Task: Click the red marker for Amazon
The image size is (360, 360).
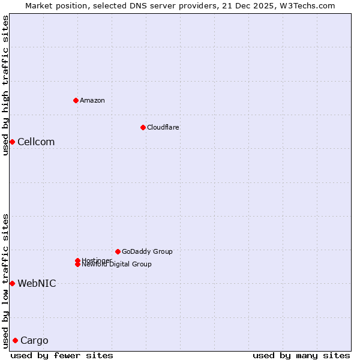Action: pyautogui.click(x=76, y=100)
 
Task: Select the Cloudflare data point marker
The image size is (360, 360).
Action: pyautogui.click(x=143, y=127)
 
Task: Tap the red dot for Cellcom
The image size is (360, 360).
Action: pyautogui.click(x=12, y=142)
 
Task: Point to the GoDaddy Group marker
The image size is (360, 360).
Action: pyautogui.click(x=118, y=251)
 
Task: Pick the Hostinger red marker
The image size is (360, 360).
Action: pyautogui.click(x=77, y=260)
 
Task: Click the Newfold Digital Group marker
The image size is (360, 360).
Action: pyautogui.click(x=78, y=265)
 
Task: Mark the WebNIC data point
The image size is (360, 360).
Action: pyautogui.click(x=12, y=283)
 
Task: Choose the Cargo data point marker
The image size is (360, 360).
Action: pyautogui.click(x=15, y=340)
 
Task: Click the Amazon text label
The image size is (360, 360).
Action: pyautogui.click(x=92, y=100)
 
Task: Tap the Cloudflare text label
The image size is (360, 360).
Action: pyautogui.click(x=163, y=127)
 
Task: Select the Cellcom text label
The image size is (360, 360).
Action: pyautogui.click(x=36, y=142)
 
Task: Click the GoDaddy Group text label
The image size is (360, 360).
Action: pyautogui.click(x=147, y=251)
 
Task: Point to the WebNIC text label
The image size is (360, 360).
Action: pyautogui.click(x=37, y=283)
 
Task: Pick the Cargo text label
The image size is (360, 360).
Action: pyautogui.click(x=34, y=341)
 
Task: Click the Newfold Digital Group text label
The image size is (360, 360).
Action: pyautogui.click(x=116, y=265)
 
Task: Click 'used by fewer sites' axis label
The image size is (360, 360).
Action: pyautogui.click(x=62, y=355)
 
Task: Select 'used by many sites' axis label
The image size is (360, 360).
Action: pyautogui.click(x=301, y=355)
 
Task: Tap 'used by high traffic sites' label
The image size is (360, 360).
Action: pyautogui.click(x=5, y=85)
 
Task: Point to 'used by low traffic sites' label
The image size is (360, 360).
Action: pyautogui.click(x=5, y=280)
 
